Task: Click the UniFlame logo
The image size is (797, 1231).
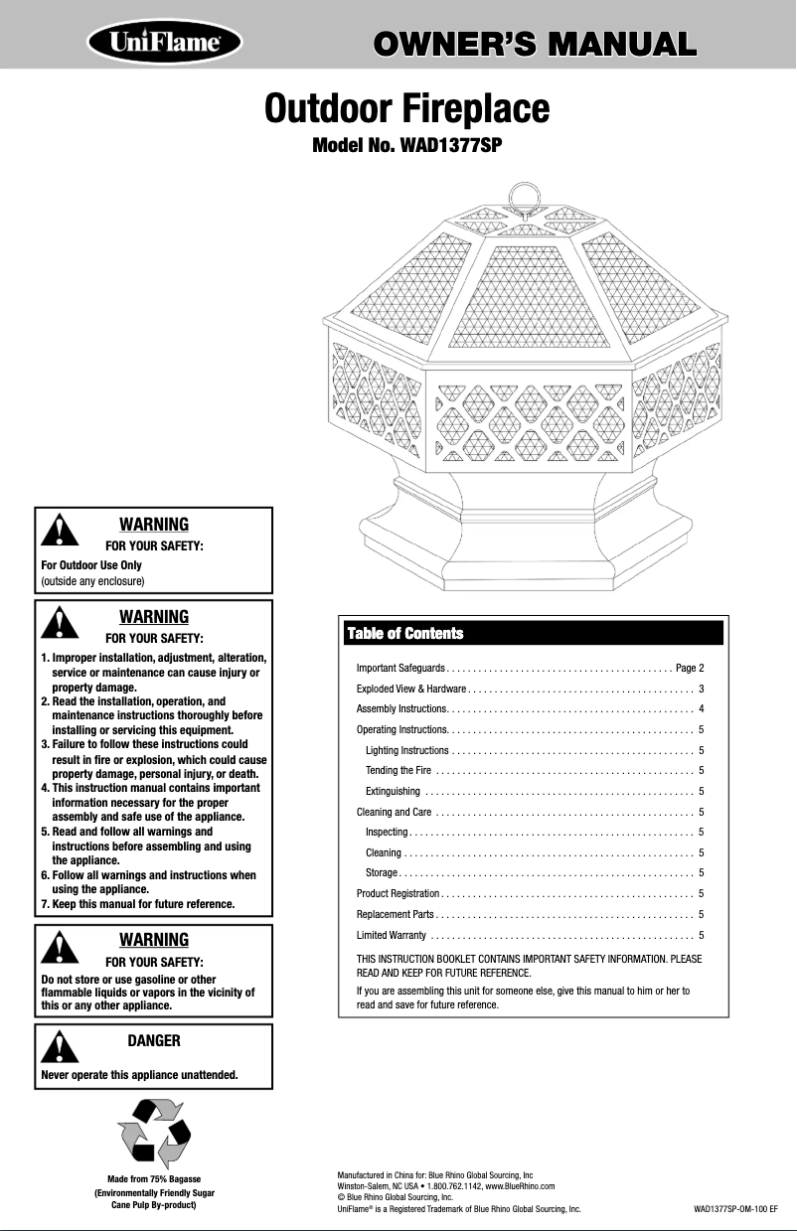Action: pyautogui.click(x=165, y=44)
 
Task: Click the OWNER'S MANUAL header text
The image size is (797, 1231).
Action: pyautogui.click(x=530, y=44)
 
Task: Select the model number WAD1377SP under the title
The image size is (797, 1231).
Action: pyautogui.click(x=407, y=146)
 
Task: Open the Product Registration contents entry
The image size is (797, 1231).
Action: pyautogui.click(x=398, y=894)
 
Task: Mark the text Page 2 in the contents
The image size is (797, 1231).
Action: pyautogui.click(x=690, y=666)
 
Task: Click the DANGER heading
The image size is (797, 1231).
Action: pyautogui.click(x=154, y=1040)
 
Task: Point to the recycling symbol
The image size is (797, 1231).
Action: pyautogui.click(x=154, y=1131)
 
